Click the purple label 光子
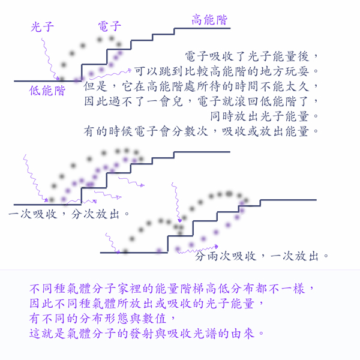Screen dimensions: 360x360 pyautogui.click(x=42, y=27)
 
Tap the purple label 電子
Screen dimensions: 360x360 pyautogui.click(x=110, y=26)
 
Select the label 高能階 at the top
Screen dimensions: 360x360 pyautogui.click(x=209, y=20)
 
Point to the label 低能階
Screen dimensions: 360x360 pyautogui.click(x=47, y=91)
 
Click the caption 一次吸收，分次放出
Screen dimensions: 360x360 pyautogui.click(x=69, y=214)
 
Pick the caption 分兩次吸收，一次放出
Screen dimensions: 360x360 pyautogui.click(x=262, y=256)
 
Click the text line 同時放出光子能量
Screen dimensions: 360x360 pyautogui.click(x=264, y=116)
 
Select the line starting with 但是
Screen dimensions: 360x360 pyautogui.click(x=201, y=86)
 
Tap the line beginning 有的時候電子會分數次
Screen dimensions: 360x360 pyautogui.click(x=201, y=131)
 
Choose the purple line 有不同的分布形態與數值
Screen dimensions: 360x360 pyautogui.click(x=102, y=319)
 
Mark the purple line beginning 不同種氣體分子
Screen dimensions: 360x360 pyautogui.click(x=172, y=289)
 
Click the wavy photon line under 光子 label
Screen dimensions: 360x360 pyautogui.click(x=49, y=59)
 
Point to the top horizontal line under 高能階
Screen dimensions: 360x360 pyautogui.click(x=202, y=28)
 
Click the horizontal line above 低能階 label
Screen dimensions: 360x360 pyautogui.click(x=48, y=81)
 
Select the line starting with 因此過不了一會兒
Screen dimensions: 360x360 pyautogui.click(x=201, y=101)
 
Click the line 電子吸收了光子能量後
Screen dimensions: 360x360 pyautogui.click(x=251, y=56)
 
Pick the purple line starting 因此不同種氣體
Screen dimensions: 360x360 pyautogui.click(x=146, y=304)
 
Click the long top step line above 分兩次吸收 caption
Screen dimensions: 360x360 pyautogui.click(x=289, y=200)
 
